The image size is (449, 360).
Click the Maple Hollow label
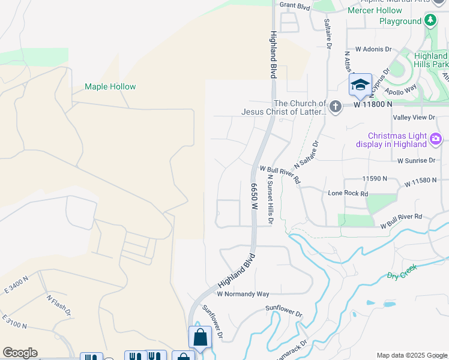click(110, 86)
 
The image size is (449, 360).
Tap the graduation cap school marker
click(360, 85)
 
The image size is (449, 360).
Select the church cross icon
click(335, 107)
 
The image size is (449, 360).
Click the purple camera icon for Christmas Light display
click(436, 140)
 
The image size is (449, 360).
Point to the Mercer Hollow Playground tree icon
click(430, 20)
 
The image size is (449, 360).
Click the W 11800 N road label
click(373, 104)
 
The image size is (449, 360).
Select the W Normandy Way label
click(243, 294)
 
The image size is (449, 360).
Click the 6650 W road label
click(255, 196)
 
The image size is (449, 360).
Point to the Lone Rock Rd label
click(348, 193)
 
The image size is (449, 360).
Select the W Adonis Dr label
click(373, 49)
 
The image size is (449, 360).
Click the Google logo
click(20, 353)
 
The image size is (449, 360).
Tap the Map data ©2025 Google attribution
click(411, 355)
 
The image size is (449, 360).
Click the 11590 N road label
click(375, 179)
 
